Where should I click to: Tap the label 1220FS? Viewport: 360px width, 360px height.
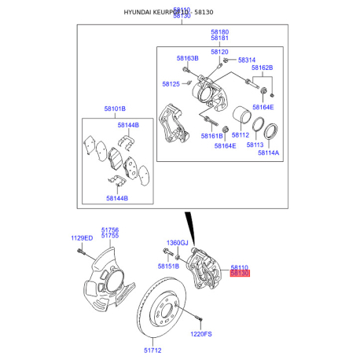(x=201, y=334)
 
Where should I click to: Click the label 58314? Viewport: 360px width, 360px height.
(x=247, y=60)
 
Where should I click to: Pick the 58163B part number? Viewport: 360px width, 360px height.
(x=187, y=58)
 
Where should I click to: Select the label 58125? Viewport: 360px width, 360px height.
(x=171, y=83)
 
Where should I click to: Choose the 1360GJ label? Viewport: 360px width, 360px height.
(x=178, y=243)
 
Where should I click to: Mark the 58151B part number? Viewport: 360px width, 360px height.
(x=168, y=266)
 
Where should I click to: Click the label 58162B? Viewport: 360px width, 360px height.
(x=262, y=68)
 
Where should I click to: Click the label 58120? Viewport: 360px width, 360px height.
(x=219, y=51)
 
